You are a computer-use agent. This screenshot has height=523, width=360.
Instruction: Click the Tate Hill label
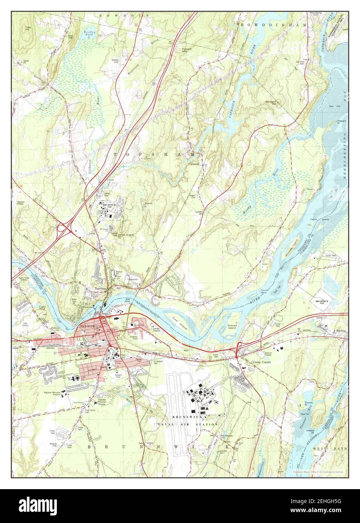[x=27, y=29]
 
